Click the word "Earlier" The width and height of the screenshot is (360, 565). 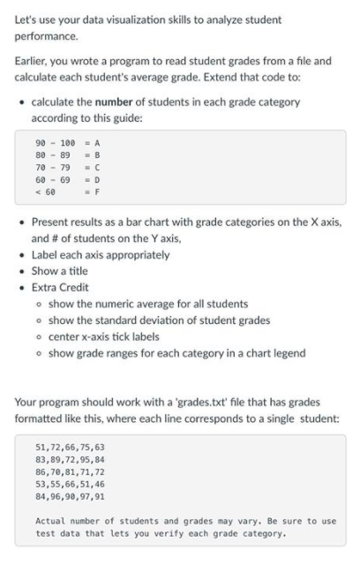(32, 61)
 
